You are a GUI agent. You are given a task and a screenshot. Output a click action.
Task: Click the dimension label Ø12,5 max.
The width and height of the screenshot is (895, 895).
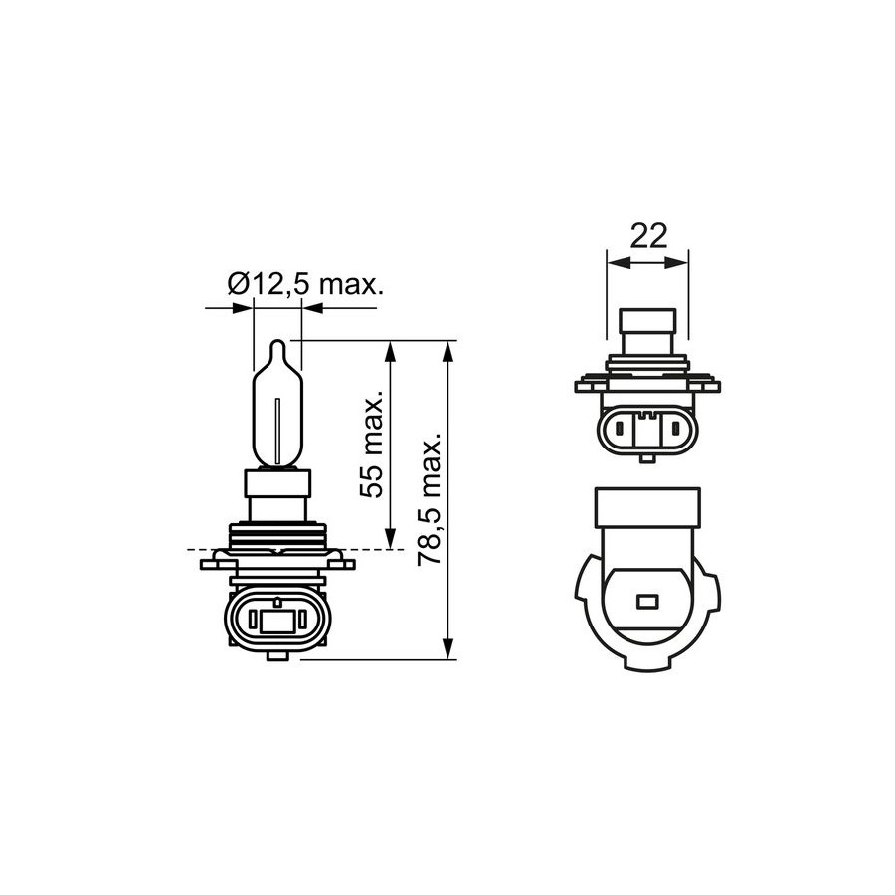tap(305, 284)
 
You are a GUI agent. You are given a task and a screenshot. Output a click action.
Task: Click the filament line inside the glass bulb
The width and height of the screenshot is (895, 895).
tap(276, 431)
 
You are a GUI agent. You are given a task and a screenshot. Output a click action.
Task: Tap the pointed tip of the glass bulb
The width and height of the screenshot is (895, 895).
tap(277, 341)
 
